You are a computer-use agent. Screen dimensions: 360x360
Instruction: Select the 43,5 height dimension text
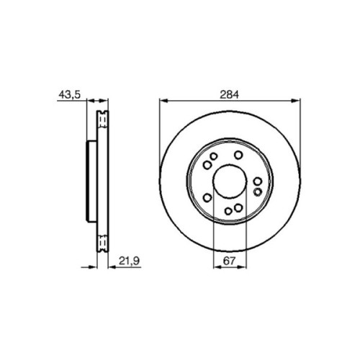pos(68,93)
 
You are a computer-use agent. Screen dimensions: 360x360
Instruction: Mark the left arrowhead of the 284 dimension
pos(161,101)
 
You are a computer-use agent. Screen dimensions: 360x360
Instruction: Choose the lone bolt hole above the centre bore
pos(238,156)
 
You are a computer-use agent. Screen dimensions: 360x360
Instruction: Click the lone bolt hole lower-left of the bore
pos(207,197)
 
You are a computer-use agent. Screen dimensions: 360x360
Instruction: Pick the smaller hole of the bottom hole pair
pos(228,211)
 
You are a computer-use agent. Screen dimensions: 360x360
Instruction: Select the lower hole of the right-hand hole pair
pos(257,193)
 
